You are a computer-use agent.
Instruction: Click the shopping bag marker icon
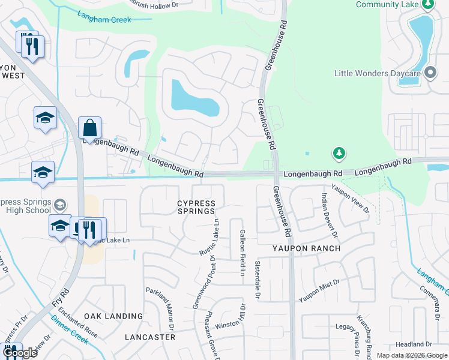pos(89,128)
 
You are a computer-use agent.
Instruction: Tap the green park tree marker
pos(339,153)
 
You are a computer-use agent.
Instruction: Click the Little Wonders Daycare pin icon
pos(430,73)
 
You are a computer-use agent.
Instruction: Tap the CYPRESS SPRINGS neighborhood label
pos(196,207)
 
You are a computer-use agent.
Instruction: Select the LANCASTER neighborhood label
pos(150,337)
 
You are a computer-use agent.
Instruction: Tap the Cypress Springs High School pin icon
pos(59,205)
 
